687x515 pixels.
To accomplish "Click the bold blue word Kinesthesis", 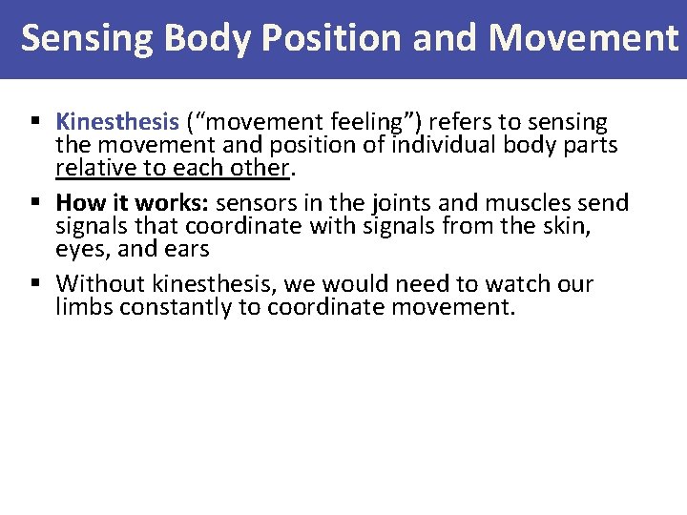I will coord(117,122).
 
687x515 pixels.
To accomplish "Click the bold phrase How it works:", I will coord(133,203).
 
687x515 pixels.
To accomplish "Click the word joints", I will coord(394,203).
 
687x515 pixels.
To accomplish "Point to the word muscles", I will coord(522,203).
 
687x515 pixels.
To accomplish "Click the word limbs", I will coord(83,307).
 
